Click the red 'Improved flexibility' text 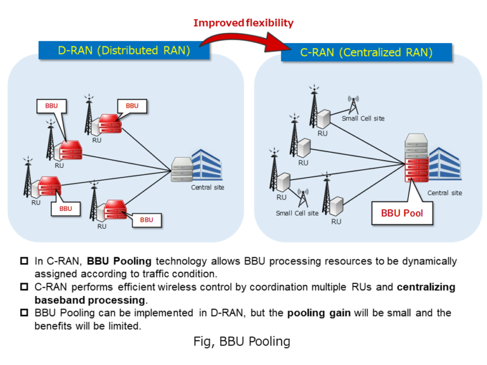(243, 23)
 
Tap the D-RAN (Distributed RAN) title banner (124, 50)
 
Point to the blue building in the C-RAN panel (445, 165)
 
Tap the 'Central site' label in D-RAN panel (207, 188)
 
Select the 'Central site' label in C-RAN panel (444, 193)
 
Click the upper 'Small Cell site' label (363, 118)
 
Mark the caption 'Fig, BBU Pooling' (242, 342)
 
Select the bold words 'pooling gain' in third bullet (317, 313)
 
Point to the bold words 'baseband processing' (89, 300)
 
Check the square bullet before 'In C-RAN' (25, 261)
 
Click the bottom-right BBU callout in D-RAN (146, 220)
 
